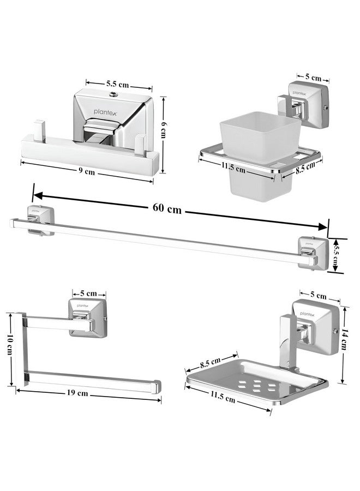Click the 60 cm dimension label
(167, 208)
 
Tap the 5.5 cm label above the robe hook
(118, 85)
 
